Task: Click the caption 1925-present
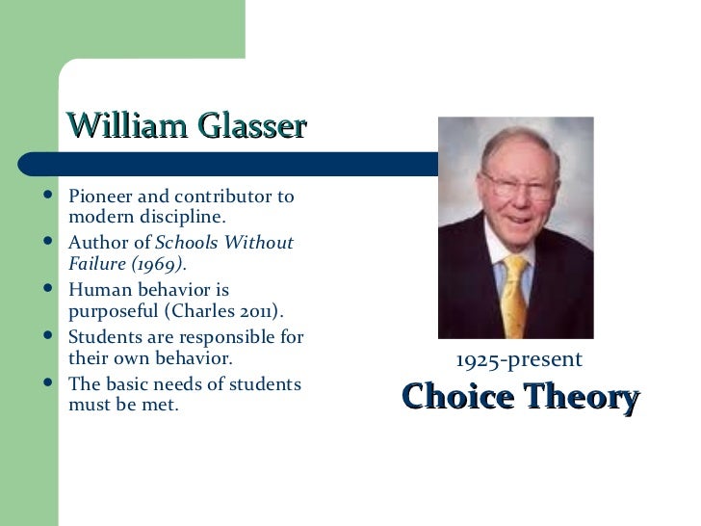click(x=519, y=360)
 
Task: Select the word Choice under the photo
click(x=456, y=397)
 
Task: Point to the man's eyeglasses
click(x=518, y=183)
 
